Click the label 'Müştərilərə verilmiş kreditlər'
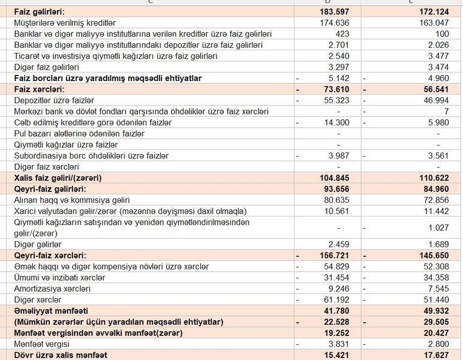coord(65,23)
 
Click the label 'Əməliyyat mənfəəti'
coord(50,311)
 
